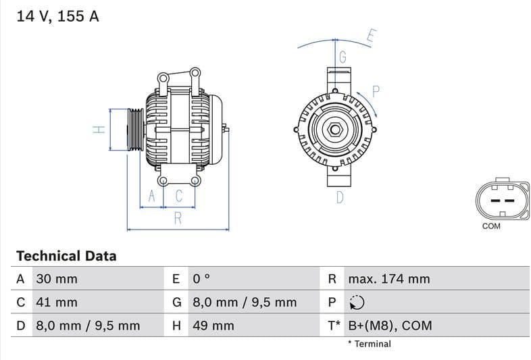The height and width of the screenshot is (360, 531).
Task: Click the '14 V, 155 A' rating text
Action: click(57, 16)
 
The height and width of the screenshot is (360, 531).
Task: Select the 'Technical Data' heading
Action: click(66, 256)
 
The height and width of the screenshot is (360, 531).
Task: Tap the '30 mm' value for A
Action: click(57, 279)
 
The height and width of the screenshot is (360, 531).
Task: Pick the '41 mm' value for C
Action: click(57, 303)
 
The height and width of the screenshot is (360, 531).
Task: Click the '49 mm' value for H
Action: click(213, 326)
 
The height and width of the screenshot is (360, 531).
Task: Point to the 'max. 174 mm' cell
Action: click(388, 279)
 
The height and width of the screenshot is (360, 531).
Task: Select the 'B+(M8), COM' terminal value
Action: click(390, 326)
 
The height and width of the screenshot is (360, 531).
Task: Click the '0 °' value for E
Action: click(201, 279)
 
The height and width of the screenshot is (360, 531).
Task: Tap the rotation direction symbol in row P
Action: click(356, 303)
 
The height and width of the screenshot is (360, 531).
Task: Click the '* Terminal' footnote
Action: click(369, 344)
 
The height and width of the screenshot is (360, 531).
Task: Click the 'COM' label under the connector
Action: click(491, 226)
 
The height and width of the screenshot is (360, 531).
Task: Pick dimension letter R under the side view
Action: click(178, 218)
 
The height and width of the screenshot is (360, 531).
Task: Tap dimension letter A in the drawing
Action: click(152, 197)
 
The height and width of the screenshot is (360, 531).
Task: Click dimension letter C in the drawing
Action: click(179, 197)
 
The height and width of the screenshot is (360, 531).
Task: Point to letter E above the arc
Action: click(371, 36)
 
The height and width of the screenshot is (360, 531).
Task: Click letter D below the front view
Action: click(340, 197)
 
